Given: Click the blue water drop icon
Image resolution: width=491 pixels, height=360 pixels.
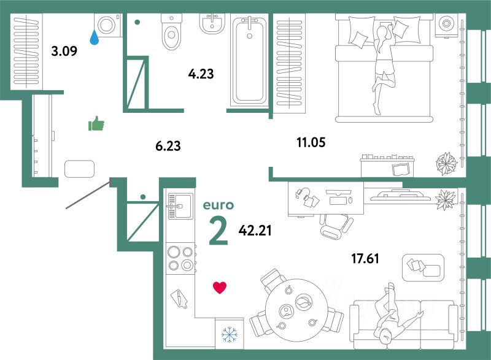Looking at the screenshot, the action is [x=94, y=38].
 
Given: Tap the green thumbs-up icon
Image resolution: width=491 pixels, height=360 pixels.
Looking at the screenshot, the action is [x=96, y=124].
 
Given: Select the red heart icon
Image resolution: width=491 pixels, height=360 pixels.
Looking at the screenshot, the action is [x=220, y=287].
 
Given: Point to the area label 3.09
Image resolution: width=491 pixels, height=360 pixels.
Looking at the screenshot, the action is [x=64, y=51].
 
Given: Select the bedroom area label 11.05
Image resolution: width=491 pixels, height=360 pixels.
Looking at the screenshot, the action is [x=310, y=144].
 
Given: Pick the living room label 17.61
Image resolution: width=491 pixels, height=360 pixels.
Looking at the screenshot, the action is [x=365, y=258].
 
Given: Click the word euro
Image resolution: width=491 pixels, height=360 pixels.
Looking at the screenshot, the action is [x=218, y=205].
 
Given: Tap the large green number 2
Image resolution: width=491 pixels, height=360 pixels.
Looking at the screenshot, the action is [x=218, y=231].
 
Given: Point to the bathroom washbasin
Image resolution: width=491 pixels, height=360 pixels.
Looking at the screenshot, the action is [x=212, y=24].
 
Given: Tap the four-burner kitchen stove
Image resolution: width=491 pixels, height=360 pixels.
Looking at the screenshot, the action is [x=180, y=258].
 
